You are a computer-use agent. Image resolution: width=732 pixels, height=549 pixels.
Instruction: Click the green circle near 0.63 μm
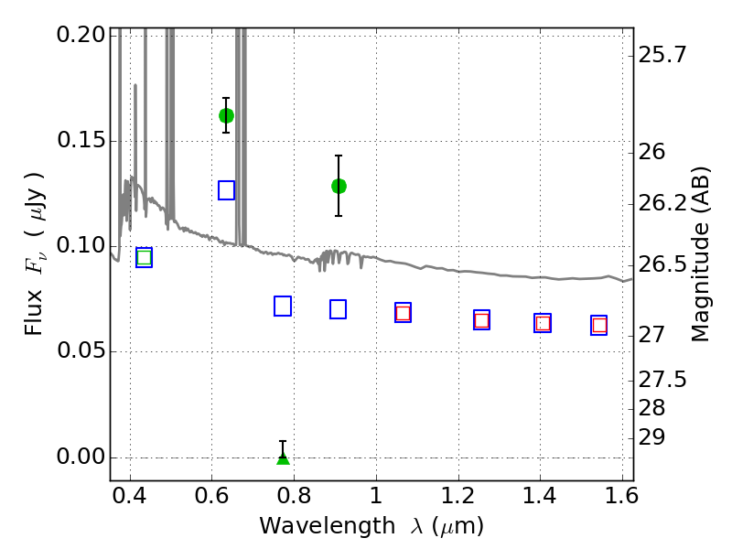tap(226, 115)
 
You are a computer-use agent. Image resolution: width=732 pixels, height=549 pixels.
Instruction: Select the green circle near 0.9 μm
tap(339, 187)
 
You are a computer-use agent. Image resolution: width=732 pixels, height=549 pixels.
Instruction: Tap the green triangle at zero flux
tap(283, 459)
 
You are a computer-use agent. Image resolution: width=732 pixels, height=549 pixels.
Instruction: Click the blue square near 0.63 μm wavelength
tap(226, 190)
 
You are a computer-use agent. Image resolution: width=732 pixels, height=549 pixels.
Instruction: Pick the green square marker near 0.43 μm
tap(145, 257)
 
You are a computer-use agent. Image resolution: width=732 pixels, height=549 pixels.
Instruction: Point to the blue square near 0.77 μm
tap(283, 307)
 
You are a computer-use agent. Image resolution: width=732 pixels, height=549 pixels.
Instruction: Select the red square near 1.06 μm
tap(403, 313)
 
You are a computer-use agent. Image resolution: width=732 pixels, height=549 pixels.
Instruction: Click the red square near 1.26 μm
tap(482, 320)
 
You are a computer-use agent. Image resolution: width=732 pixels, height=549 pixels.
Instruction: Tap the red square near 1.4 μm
tap(543, 323)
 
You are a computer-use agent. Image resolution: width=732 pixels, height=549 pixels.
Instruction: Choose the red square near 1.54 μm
tap(599, 326)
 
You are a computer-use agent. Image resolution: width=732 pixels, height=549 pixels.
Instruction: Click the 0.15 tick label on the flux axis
tap(81, 140)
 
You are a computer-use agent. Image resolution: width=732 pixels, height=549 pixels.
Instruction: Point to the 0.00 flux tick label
tap(81, 457)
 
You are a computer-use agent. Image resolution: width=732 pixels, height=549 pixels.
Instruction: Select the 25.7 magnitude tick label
tap(662, 56)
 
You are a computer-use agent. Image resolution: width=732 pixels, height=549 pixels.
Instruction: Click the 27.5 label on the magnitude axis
tap(662, 380)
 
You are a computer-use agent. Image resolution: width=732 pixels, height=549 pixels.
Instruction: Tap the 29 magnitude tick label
tap(651, 438)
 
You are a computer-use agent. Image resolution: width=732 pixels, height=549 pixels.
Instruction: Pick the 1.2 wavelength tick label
tap(458, 496)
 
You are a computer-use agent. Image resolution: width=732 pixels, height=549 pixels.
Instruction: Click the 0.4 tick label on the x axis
tap(130, 496)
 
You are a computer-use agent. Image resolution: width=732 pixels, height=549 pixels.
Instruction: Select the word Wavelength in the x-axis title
tap(328, 526)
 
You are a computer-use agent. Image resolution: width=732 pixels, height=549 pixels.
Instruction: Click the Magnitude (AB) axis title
tap(700, 254)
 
